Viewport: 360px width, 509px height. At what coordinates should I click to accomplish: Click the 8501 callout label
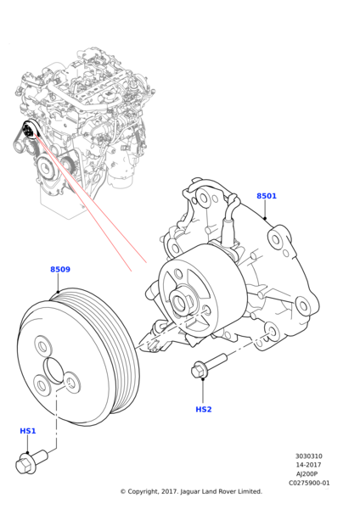(x=267, y=196)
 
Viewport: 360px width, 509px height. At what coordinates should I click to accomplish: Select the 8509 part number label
(x=60, y=269)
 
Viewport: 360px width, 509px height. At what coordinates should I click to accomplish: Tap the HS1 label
(x=28, y=431)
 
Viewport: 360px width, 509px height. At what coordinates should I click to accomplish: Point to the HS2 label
(x=204, y=410)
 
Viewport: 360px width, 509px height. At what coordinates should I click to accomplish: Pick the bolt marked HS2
(x=209, y=366)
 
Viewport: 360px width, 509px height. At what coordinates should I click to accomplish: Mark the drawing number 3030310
(x=309, y=456)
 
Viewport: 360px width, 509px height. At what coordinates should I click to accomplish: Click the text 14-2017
(x=308, y=465)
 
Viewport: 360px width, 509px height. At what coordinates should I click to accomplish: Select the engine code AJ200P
(x=308, y=473)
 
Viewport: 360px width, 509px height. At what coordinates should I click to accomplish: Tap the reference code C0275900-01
(x=309, y=483)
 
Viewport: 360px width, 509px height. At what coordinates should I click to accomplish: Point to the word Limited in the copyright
(x=249, y=491)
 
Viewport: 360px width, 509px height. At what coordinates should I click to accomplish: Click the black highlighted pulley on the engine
(x=29, y=130)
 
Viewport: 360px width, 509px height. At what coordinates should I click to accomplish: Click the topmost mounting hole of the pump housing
(x=204, y=198)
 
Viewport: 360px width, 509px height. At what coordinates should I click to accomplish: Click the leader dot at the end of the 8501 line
(x=265, y=218)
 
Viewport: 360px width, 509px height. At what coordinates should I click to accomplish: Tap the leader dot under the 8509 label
(x=58, y=291)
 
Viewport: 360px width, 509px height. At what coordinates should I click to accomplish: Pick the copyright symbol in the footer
(x=123, y=492)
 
